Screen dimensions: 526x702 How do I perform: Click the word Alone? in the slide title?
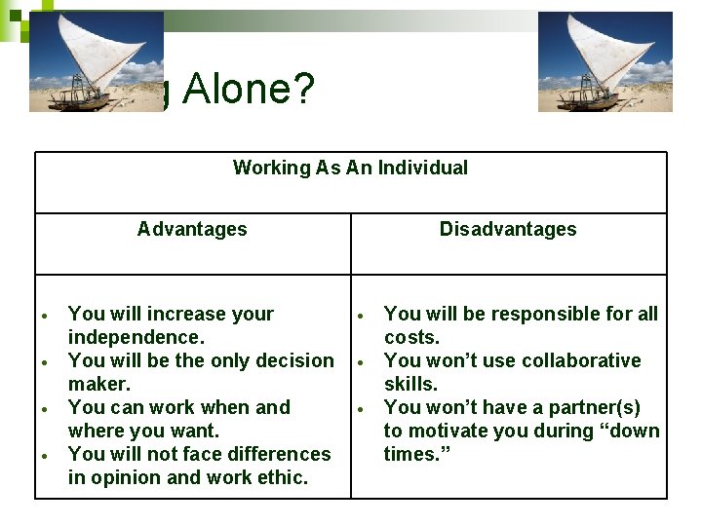coord(249,91)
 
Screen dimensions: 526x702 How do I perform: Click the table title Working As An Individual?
coord(350,168)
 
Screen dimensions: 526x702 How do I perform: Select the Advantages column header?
coord(192,229)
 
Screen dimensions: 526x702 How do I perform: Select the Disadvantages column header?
coord(508,229)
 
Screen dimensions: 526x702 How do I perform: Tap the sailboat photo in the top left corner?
coord(97,61)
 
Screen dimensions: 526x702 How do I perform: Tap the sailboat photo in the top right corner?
coord(605,61)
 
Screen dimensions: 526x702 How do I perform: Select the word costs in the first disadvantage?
coord(411,337)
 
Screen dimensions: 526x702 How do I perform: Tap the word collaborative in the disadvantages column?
coord(578,360)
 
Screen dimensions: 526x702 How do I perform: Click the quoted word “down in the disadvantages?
coord(632,431)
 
